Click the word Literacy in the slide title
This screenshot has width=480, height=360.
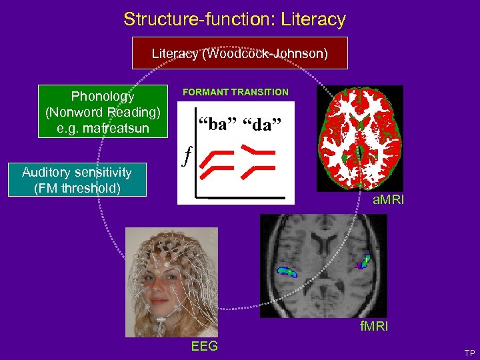click(x=314, y=19)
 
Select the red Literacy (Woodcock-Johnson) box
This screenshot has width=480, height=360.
click(x=240, y=53)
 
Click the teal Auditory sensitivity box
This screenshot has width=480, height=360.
click(x=77, y=180)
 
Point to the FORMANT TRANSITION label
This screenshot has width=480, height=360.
click(x=236, y=92)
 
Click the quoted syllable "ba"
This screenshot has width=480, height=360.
click(x=214, y=123)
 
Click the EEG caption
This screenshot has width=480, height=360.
click(x=204, y=346)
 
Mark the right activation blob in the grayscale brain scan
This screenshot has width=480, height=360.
click(x=365, y=261)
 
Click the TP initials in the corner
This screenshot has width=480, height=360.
click(x=469, y=353)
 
